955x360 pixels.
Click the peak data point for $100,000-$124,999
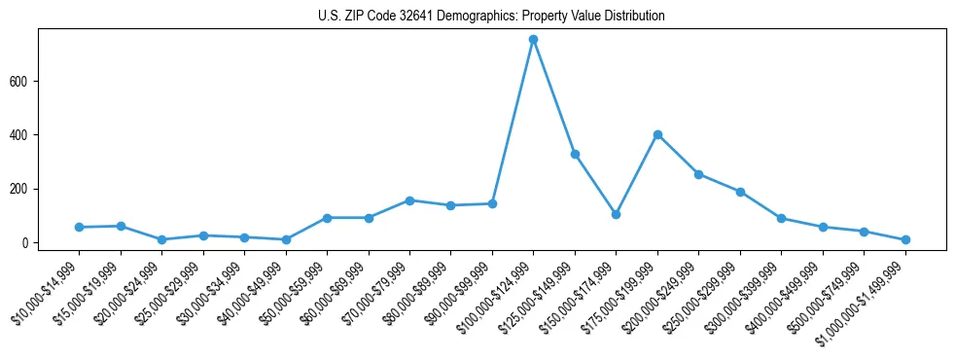pos(533,40)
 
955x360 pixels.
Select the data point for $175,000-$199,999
pos(657,134)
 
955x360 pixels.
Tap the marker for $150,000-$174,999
pos(616,214)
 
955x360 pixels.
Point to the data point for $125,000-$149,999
pos(575,154)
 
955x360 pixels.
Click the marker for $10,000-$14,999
pos(79,227)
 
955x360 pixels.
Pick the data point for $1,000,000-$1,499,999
pos(905,239)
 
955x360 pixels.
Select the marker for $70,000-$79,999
pos(409,200)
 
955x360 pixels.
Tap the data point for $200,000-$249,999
pos(698,174)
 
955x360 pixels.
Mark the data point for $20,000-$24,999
pos(161,239)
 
